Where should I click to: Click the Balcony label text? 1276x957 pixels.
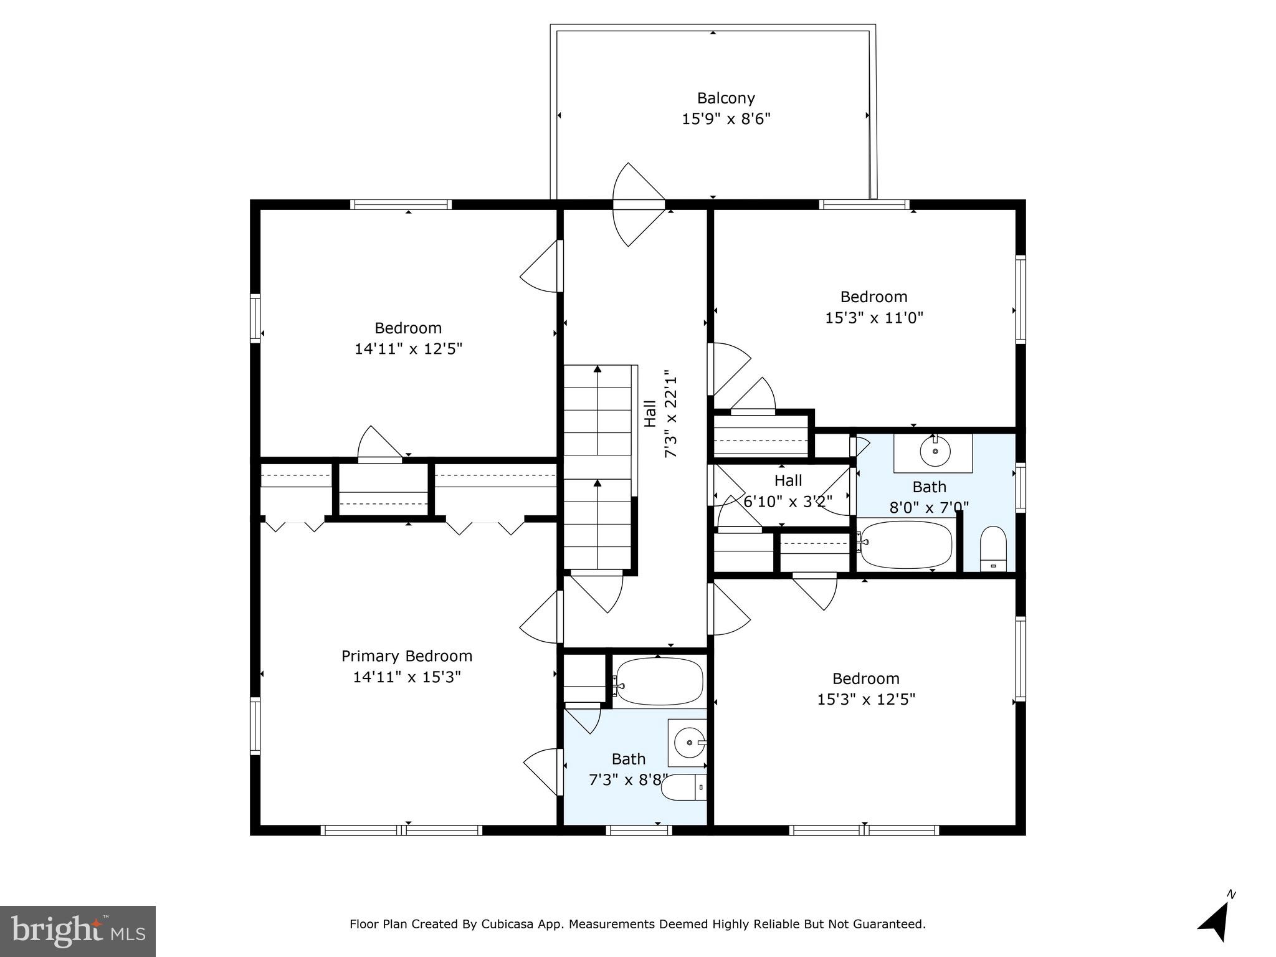pos(726,98)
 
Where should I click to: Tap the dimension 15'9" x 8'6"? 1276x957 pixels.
pos(726,118)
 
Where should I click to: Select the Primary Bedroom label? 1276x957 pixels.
pos(407,656)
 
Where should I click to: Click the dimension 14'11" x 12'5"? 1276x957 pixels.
pos(408,349)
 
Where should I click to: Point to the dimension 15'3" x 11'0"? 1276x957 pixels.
pos(874,318)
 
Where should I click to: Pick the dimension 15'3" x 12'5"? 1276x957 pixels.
pos(866,699)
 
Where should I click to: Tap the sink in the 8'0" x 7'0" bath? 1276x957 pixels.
pos(935,452)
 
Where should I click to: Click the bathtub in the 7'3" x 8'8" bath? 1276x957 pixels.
pos(659,682)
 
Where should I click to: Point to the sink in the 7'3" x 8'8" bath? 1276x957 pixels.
pos(688,743)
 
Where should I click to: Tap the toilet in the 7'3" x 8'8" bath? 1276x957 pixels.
pos(683,788)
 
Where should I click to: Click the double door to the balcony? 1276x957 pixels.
pos(639,204)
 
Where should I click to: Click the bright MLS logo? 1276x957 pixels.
pos(77,931)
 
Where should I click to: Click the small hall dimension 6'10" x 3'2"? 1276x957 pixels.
pos(788,501)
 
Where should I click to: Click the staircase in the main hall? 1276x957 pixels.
pos(598,467)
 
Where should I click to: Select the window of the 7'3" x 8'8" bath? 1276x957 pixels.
pos(639,830)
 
